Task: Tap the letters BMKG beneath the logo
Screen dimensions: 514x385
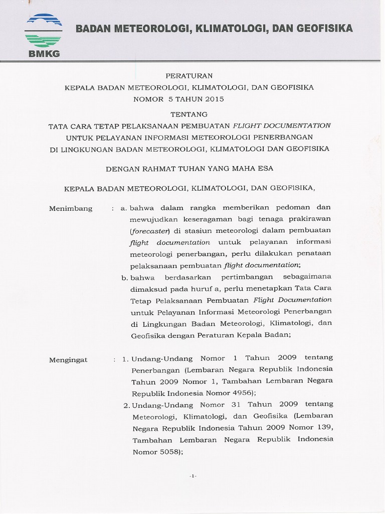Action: [x=44, y=54]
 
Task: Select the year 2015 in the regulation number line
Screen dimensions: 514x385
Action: [x=214, y=99]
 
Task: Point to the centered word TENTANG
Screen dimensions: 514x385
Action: [x=189, y=114]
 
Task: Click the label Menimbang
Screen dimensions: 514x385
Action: [x=71, y=208]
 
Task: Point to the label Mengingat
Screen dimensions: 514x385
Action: [x=68, y=359]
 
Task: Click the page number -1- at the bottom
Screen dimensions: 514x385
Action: [x=193, y=476]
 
